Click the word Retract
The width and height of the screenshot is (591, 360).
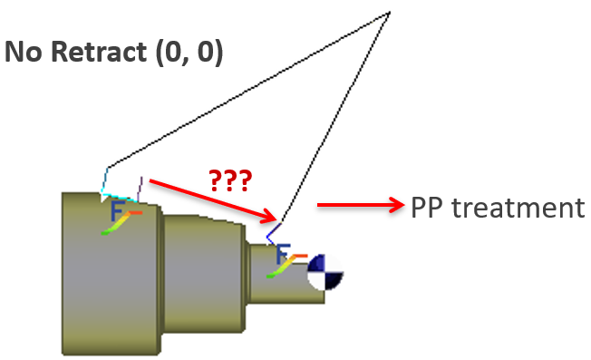pyautogui.click(x=98, y=52)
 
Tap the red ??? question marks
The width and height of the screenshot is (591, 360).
pyautogui.click(x=230, y=180)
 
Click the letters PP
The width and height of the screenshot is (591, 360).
pyautogui.click(x=426, y=208)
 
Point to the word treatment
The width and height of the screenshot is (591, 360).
pyautogui.click(x=518, y=208)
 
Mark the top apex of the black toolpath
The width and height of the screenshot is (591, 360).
pyautogui.click(x=389, y=13)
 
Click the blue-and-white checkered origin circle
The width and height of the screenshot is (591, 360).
pyautogui.click(x=325, y=272)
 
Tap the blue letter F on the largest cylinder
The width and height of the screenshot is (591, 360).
pyautogui.click(x=118, y=210)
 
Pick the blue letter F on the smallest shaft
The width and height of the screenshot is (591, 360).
pyautogui.click(x=283, y=254)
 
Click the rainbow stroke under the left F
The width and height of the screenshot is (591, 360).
pyautogui.click(x=121, y=223)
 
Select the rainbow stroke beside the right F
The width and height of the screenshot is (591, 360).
pyautogui.click(x=286, y=267)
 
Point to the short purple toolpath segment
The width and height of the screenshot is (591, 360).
pyautogui.click(x=140, y=189)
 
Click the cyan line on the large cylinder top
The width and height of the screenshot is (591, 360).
pyautogui.click(x=119, y=197)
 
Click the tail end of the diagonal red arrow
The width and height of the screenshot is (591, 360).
pyautogui.click(x=150, y=180)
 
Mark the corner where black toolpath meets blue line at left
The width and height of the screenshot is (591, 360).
pyautogui.click(x=108, y=168)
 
